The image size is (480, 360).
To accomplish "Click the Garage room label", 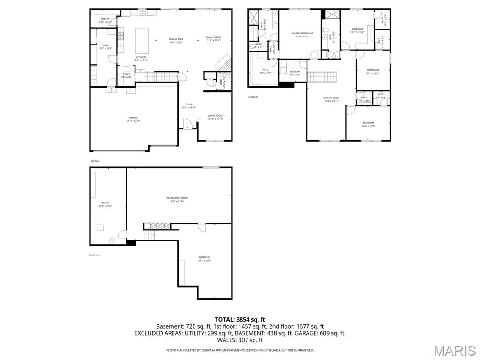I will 134,119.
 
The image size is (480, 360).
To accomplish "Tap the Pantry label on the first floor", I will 105,20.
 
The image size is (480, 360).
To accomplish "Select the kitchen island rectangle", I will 142,41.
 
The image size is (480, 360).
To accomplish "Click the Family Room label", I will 213,38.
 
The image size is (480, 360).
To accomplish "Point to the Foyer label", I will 189,105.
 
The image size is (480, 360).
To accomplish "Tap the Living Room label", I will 215,117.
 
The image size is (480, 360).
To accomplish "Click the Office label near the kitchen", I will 126,75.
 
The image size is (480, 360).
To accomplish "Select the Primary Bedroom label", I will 302,35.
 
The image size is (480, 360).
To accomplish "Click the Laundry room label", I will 295,73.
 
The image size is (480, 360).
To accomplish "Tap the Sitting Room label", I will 331,99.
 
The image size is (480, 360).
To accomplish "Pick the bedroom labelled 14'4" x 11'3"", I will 368,124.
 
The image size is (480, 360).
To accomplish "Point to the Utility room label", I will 105,204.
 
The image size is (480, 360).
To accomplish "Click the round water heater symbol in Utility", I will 112,240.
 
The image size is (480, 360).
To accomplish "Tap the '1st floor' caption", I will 95,161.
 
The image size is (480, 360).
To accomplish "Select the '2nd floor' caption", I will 253,97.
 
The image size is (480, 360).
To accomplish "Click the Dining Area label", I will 176,40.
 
